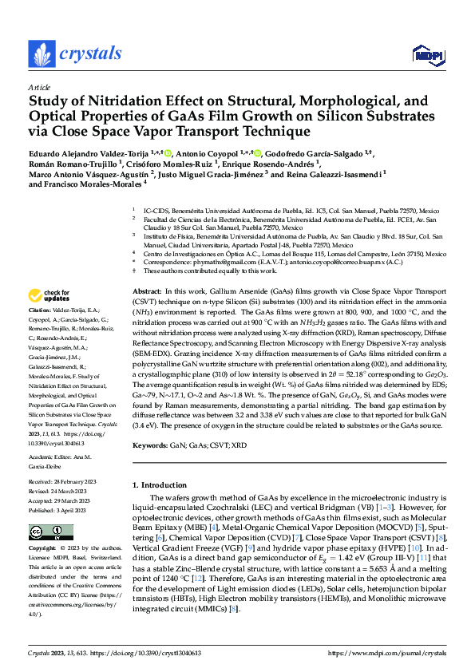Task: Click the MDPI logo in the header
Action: click(x=426, y=54)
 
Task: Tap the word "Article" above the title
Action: click(x=39, y=88)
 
